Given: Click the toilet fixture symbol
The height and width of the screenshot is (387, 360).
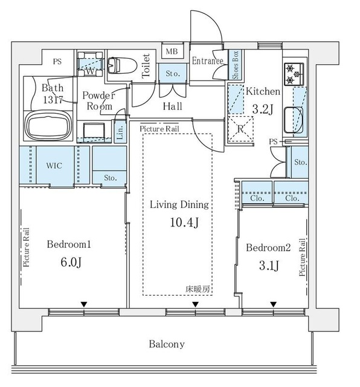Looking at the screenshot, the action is (122, 66).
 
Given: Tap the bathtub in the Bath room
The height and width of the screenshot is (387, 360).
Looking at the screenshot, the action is (48, 126).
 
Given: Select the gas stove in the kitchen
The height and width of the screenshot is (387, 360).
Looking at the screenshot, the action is (294, 74).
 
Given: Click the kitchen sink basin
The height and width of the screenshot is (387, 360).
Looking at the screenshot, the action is (294, 120).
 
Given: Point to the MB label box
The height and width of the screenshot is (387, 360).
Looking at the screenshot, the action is (172, 51).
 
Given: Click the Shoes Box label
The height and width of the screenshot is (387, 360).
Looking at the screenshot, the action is (236, 65).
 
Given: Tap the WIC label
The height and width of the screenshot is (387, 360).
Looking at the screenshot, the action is (54, 166).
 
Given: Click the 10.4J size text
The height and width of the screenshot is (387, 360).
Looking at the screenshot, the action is (184, 223).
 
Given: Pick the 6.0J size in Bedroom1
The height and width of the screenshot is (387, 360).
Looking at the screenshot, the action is (71, 262).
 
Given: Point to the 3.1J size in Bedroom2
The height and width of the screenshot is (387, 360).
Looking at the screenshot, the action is (269, 265).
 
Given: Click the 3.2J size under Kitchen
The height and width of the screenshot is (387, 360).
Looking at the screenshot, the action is (263, 109).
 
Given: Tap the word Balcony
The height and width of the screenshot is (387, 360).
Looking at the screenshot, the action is (167, 344).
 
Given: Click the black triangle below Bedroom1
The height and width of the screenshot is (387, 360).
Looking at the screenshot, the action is (84, 305).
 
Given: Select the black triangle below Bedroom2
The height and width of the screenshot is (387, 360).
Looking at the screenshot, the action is (273, 305).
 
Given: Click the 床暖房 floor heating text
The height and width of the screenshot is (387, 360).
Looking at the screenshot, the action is (198, 289).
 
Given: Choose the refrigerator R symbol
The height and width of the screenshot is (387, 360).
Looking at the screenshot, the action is (240, 129).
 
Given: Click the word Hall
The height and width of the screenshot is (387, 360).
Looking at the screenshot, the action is (172, 106).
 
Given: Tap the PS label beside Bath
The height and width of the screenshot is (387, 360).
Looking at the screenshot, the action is (57, 61).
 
